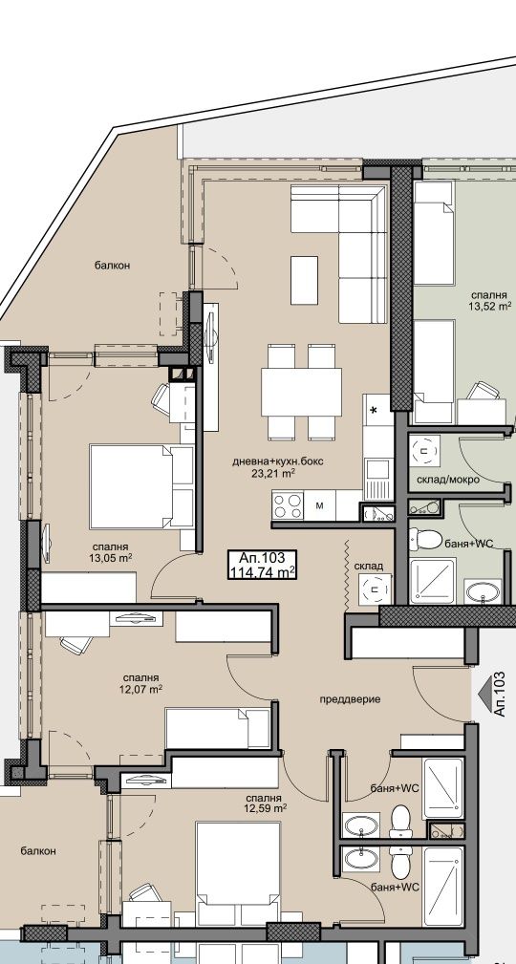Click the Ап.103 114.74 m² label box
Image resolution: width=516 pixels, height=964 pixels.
click(262, 565)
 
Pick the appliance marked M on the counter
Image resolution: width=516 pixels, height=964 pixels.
click(320, 505)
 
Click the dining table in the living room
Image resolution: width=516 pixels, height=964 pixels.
click(301, 393)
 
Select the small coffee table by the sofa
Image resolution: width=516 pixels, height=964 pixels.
click(304, 280)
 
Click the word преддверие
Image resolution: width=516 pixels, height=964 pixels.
click(350, 699)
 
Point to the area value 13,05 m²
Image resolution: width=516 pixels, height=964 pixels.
click(111, 558)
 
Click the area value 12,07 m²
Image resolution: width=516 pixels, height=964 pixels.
click(140, 689)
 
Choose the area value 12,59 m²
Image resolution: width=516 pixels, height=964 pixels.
click(265, 807)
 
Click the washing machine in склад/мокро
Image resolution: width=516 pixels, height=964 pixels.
click(425, 451)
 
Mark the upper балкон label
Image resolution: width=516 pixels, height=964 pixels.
click(113, 266)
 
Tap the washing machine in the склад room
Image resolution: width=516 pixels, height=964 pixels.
click(376, 589)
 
